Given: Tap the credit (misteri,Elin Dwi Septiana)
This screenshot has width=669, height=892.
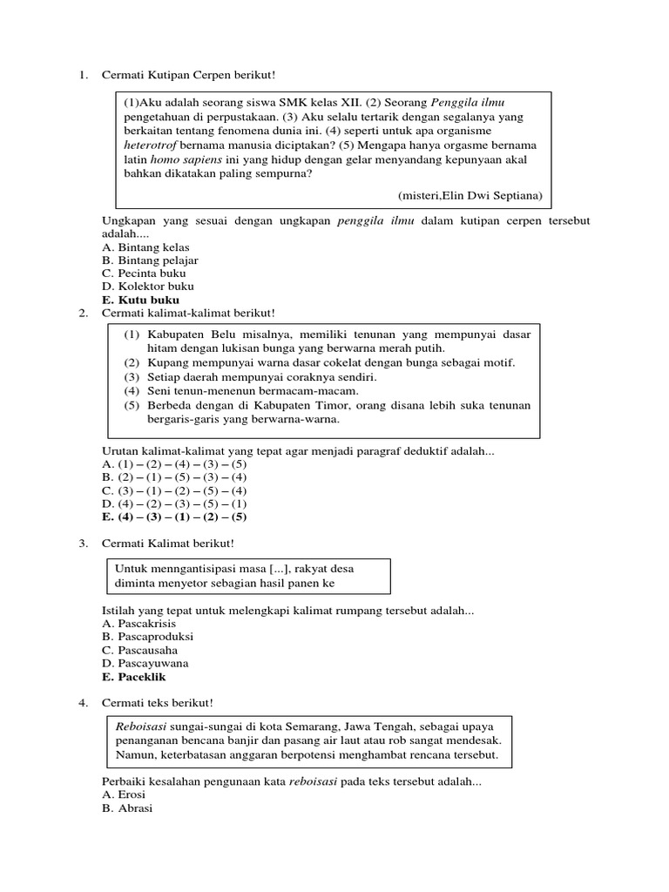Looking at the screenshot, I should (x=470, y=196).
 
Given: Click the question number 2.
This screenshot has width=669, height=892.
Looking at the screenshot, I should (x=82, y=313).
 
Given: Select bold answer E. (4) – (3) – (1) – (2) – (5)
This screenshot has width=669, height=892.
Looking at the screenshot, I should (x=174, y=517).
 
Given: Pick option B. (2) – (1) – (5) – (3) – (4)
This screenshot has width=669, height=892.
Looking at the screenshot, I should (x=174, y=477).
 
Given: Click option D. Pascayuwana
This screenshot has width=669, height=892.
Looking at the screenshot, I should (x=145, y=663).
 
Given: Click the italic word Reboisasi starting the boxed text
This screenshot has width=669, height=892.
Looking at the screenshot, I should (x=142, y=725).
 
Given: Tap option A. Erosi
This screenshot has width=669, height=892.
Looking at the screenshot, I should (x=124, y=795).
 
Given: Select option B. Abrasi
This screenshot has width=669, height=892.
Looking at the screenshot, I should (x=127, y=808).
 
